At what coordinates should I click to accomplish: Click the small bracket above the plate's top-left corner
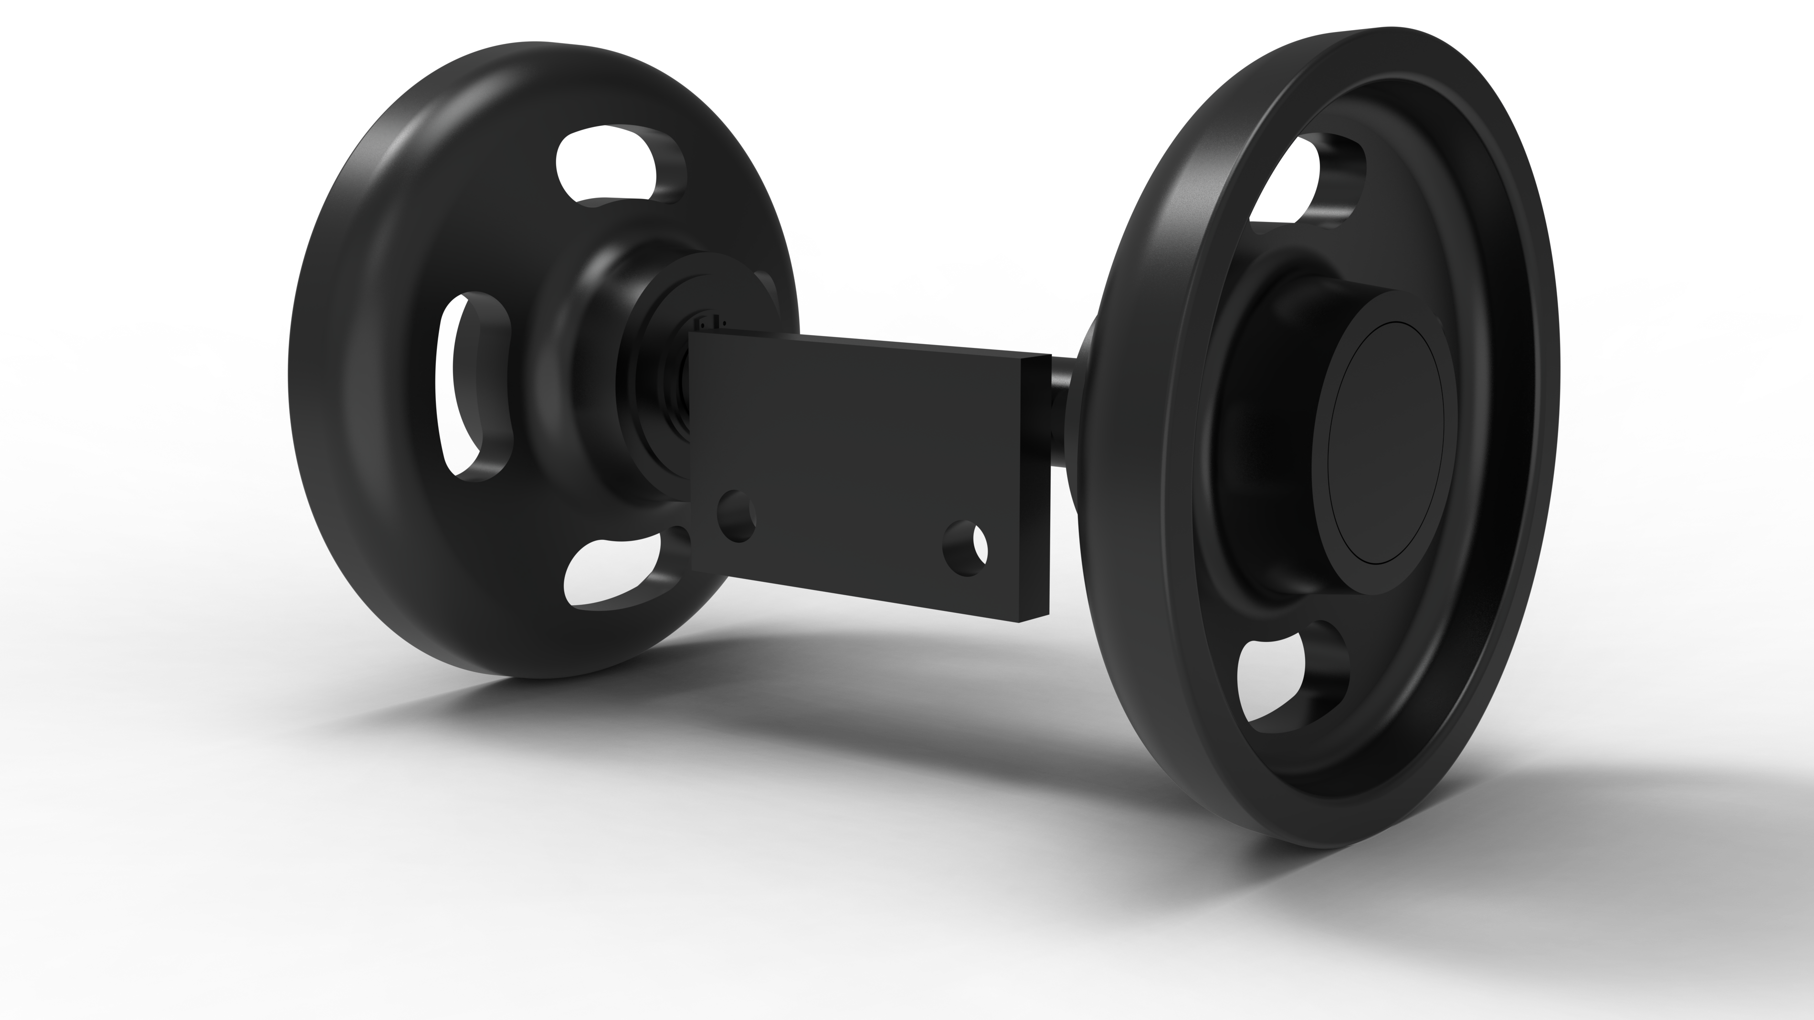(708, 324)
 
